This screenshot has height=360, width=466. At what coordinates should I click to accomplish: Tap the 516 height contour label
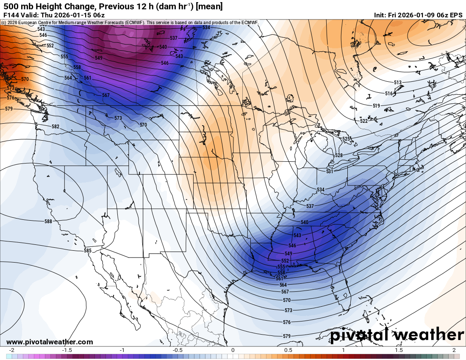pyautogui.click(x=389, y=93)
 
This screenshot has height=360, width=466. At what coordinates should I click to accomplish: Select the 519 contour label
pyautogui.click(x=376, y=105)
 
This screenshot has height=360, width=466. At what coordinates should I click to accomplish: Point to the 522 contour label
pyautogui.click(x=363, y=121)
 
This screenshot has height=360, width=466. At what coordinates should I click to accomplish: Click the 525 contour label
pyautogui.click(x=346, y=139)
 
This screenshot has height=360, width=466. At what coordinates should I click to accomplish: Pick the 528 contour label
pyautogui.click(x=338, y=155)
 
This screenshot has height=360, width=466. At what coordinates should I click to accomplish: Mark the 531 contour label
pyautogui.click(x=330, y=171)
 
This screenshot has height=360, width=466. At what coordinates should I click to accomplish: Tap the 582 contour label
pyautogui.click(x=55, y=127)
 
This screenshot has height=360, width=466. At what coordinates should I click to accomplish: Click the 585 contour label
pyautogui.click(x=88, y=251)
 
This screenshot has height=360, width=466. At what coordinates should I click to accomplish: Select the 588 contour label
pyautogui.click(x=48, y=222)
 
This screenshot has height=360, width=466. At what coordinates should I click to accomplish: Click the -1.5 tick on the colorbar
pyautogui.click(x=67, y=350)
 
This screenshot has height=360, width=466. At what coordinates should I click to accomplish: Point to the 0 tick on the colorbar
pyautogui.click(x=233, y=350)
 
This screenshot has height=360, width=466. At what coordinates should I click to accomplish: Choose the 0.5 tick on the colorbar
pyautogui.click(x=288, y=350)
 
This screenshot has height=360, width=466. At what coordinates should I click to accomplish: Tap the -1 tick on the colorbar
pyautogui.click(x=122, y=350)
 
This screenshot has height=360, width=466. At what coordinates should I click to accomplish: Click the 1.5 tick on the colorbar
pyautogui.click(x=399, y=350)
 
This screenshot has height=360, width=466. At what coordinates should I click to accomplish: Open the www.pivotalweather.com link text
pyautogui.click(x=50, y=342)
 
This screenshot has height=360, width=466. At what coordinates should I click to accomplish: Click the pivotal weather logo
pyautogui.click(x=397, y=335)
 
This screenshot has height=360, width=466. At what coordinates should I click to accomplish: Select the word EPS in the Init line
pyautogui.click(x=456, y=15)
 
